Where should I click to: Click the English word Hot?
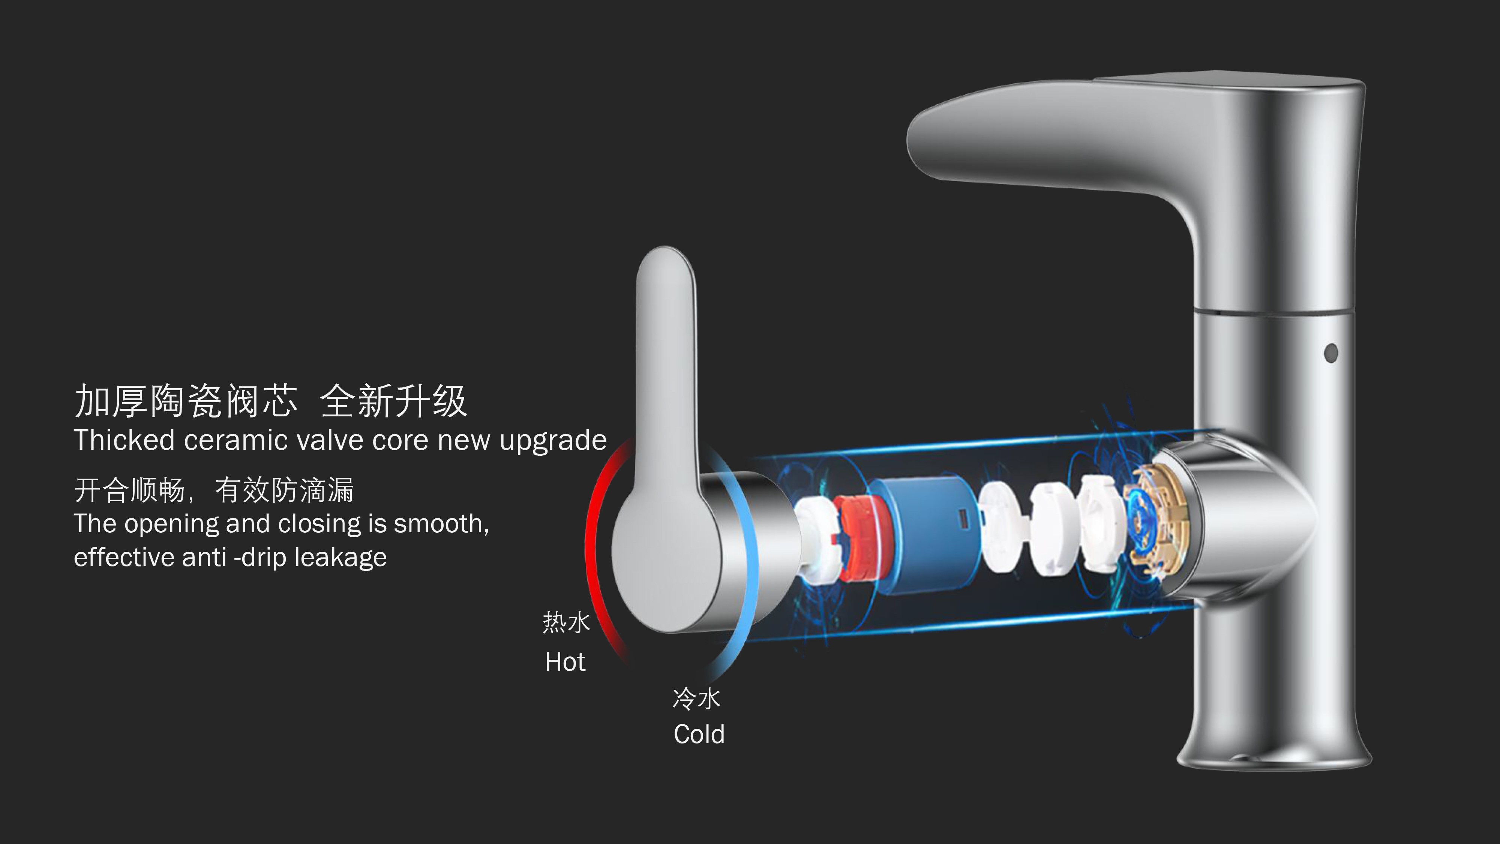(565, 662)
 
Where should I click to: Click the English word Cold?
(699, 734)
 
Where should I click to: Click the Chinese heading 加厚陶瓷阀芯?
(186, 401)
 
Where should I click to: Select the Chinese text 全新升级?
(394, 401)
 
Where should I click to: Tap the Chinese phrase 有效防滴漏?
(284, 490)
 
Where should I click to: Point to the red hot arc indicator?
(594, 553)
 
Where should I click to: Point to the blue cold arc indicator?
(748, 553)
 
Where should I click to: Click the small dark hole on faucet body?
(1330, 352)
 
